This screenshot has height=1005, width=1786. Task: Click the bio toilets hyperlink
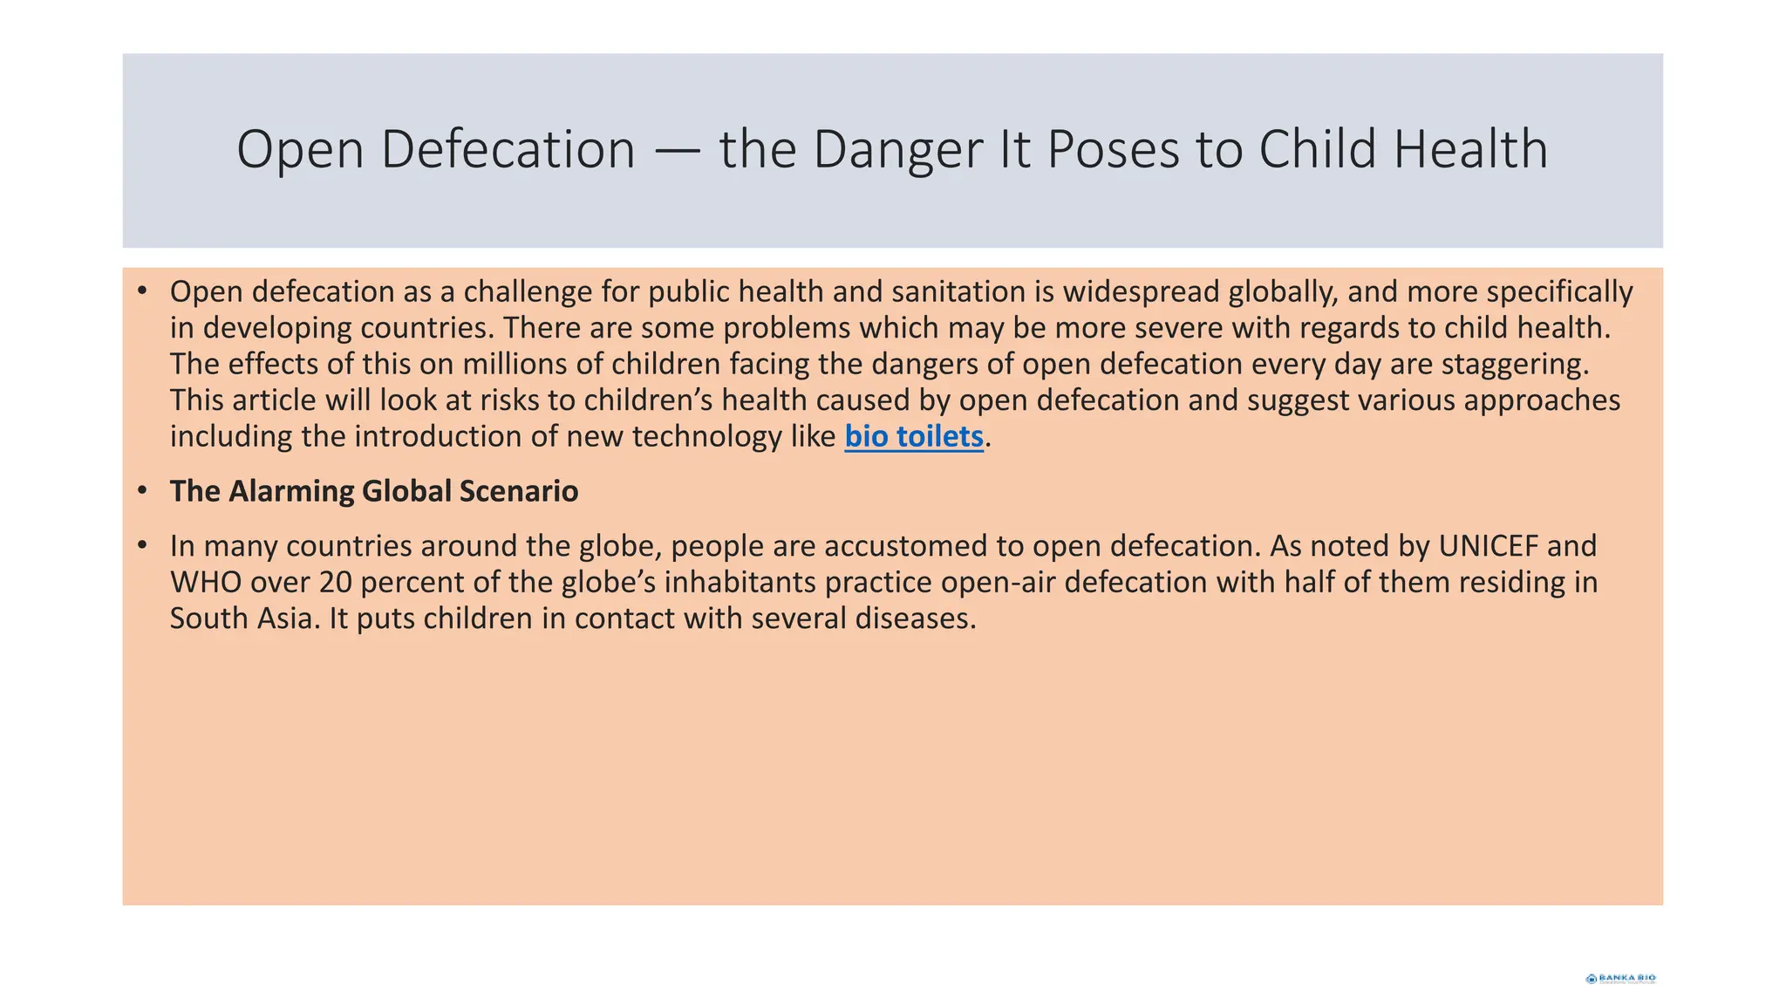coord(913,437)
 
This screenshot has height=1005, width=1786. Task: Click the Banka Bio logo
coord(1620,978)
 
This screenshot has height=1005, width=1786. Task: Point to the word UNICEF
coord(1488,546)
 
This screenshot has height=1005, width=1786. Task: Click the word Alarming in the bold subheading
coord(291,492)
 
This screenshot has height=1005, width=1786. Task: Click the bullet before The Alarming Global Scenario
coord(142,491)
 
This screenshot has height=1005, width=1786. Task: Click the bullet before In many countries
coord(142,546)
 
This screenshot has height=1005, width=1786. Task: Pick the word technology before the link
coord(707,437)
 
